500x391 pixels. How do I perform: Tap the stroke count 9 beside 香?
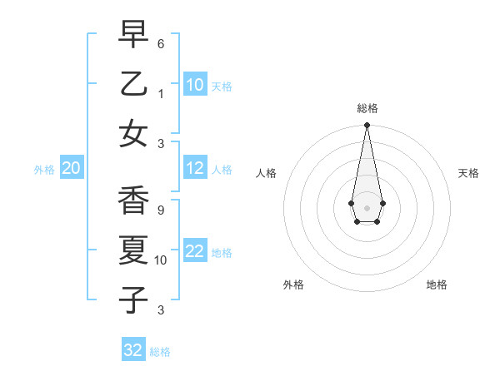pyautogui.click(x=161, y=210)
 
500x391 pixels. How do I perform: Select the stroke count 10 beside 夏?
pyautogui.click(x=162, y=260)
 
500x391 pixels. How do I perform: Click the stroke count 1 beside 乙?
pyautogui.click(x=161, y=94)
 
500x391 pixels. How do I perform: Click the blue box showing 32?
pyautogui.click(x=133, y=350)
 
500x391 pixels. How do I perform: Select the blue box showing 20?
pyautogui.click(x=71, y=169)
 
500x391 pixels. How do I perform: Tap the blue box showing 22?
pyautogui.click(x=195, y=252)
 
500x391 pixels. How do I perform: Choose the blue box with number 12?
pyautogui.click(x=195, y=169)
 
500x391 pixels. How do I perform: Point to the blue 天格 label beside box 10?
pyautogui.click(x=222, y=86)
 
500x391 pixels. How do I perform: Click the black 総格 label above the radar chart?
pyautogui.click(x=367, y=108)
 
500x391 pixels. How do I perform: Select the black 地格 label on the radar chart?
pyautogui.click(x=437, y=285)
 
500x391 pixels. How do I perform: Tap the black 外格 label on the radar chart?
pyautogui.click(x=293, y=285)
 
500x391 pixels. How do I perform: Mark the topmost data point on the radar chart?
pyautogui.click(x=367, y=126)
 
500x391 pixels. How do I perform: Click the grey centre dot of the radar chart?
pyautogui.click(x=367, y=207)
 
